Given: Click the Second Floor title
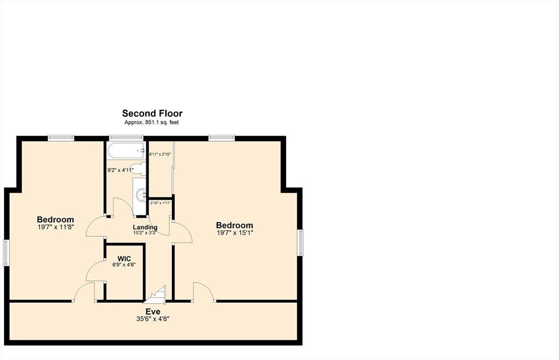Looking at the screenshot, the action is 152,113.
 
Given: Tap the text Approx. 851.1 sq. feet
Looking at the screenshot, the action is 152,123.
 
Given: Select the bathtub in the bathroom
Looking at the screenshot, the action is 127,151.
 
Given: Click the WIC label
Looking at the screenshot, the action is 124,259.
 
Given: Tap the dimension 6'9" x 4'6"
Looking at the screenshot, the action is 124,265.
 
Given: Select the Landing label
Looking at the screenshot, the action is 145,227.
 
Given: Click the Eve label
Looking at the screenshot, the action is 153,312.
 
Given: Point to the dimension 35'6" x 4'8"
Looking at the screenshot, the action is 153,319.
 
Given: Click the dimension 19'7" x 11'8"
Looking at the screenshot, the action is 56,227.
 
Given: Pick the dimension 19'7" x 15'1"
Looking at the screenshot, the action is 235,233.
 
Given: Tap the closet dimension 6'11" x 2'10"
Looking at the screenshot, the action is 160,154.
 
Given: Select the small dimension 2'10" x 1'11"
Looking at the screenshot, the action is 160,203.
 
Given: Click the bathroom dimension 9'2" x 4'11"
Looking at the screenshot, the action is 121,170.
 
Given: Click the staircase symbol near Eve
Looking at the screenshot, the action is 157,296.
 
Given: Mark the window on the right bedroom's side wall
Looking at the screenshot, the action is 301,243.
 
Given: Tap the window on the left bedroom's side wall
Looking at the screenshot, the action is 6,253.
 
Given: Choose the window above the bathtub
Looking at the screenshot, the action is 126,138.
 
